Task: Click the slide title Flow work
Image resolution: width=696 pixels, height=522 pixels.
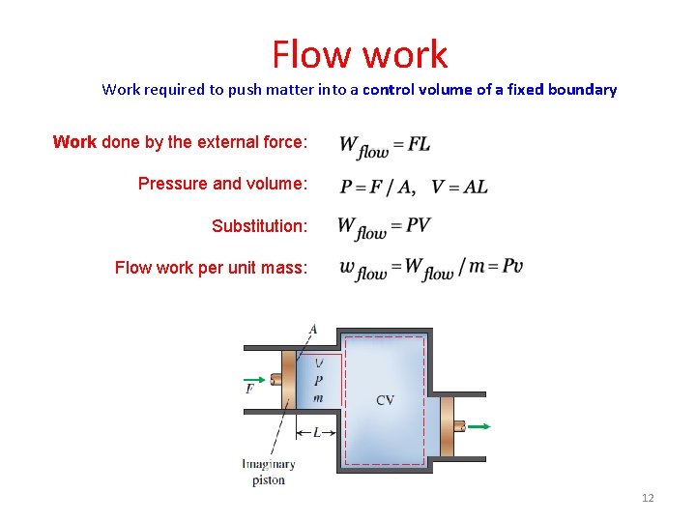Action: click(x=360, y=55)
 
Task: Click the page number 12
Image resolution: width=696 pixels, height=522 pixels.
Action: click(x=647, y=498)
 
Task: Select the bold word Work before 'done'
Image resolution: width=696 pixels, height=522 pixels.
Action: click(x=74, y=142)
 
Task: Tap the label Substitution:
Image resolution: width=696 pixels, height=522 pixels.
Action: click(x=259, y=226)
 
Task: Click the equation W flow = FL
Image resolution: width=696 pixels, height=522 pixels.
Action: click(x=384, y=146)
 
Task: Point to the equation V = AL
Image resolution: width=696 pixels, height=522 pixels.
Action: click(x=459, y=187)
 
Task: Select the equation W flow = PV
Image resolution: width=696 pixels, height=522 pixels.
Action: click(x=384, y=228)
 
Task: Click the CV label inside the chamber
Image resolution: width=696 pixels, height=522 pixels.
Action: click(x=385, y=400)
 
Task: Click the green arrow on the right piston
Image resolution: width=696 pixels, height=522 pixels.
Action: click(x=478, y=425)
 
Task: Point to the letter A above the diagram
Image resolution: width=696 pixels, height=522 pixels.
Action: click(x=312, y=330)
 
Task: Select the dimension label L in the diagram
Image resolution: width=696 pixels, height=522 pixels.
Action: click(x=316, y=433)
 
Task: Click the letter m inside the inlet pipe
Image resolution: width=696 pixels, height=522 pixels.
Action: click(x=318, y=397)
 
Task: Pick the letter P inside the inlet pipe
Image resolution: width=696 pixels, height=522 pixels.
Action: click(x=318, y=381)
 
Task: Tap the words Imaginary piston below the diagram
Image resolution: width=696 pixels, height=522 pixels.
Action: click(x=268, y=472)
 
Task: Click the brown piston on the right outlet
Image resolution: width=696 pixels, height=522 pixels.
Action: click(x=447, y=426)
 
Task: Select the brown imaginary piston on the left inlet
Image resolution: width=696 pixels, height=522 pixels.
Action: click(x=288, y=381)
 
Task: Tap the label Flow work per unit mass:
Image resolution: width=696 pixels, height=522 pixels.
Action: click(x=211, y=268)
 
